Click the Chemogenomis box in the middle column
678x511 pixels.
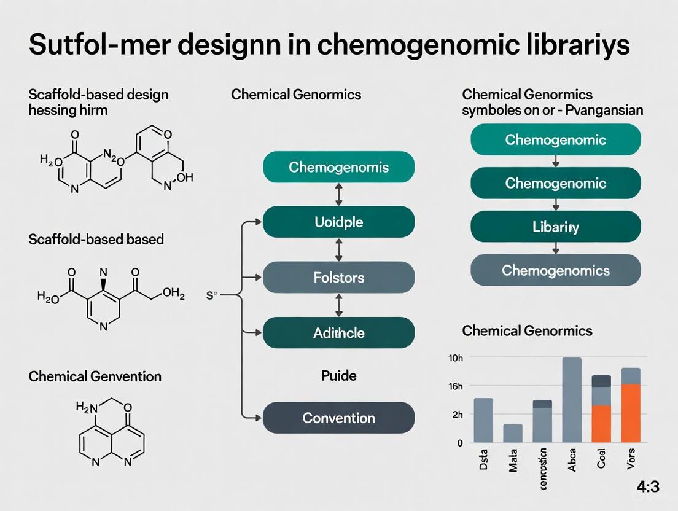pyautogui.click(x=338, y=167)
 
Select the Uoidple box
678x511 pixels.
pyautogui.click(x=338, y=222)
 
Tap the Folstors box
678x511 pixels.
pyautogui.click(x=338, y=277)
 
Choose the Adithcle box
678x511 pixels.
pyautogui.click(x=338, y=333)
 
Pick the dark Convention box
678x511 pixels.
pyautogui.click(x=338, y=418)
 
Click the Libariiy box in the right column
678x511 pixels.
pyautogui.click(x=555, y=227)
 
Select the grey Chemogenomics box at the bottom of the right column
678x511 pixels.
pyautogui.click(x=555, y=270)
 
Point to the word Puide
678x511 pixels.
pyautogui.click(x=338, y=375)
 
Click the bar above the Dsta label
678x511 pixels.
pyautogui.click(x=483, y=420)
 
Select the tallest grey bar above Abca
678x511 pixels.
pyautogui.click(x=572, y=399)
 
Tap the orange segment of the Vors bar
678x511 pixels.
pyautogui.click(x=631, y=413)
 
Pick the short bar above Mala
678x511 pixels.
pyautogui.click(x=513, y=433)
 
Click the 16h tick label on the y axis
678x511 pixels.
pyautogui.click(x=456, y=386)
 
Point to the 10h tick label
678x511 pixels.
pyautogui.click(x=456, y=358)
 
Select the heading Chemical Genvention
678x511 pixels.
pyautogui.click(x=95, y=376)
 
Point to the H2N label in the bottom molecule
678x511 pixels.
pyautogui.click(x=87, y=406)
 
